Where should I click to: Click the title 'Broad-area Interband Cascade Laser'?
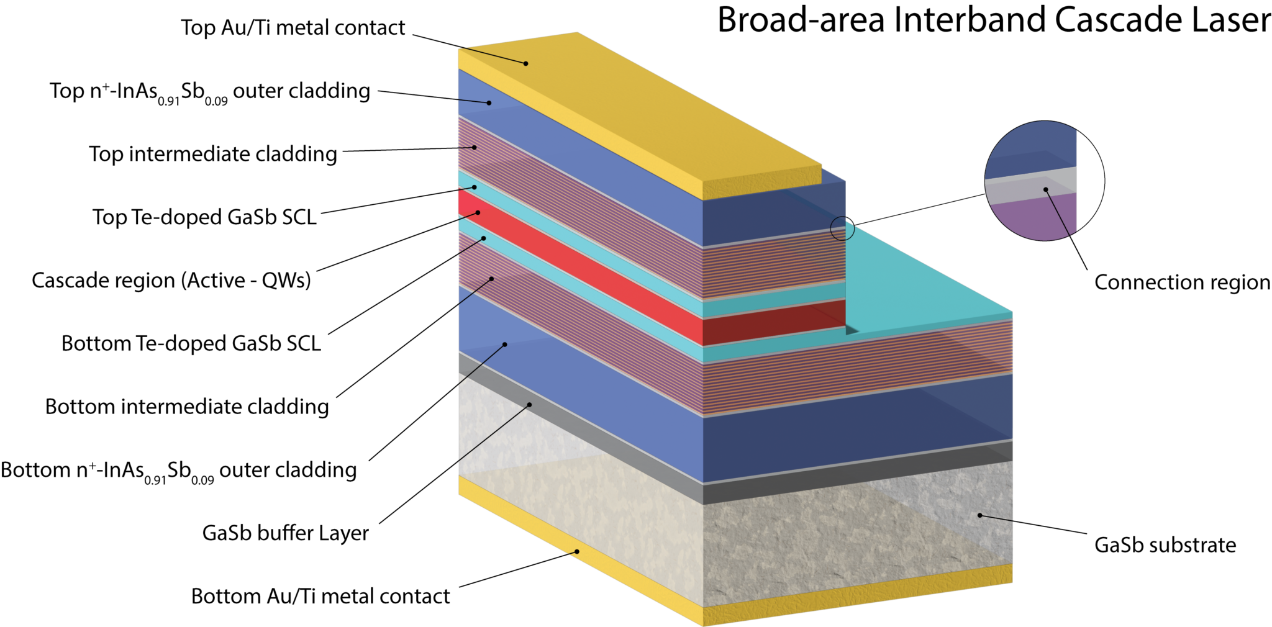click(x=993, y=20)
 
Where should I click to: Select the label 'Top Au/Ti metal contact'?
click(x=293, y=27)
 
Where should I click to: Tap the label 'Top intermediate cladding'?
click(x=213, y=154)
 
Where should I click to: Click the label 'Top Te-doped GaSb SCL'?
click(x=204, y=217)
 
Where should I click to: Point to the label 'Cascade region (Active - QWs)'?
click(x=171, y=281)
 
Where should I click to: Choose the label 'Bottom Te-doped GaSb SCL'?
click(x=191, y=343)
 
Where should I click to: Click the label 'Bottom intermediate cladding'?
click(x=187, y=407)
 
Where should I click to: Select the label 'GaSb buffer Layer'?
click(x=285, y=533)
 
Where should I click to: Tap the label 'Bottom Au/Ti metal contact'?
click(x=320, y=596)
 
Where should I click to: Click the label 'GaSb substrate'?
click(x=1165, y=545)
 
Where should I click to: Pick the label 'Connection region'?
click(x=1182, y=282)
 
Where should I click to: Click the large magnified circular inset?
click(x=1043, y=180)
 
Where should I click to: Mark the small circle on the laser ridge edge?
click(x=842, y=228)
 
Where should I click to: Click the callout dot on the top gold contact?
click(x=525, y=63)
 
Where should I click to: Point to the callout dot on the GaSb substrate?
click(x=979, y=515)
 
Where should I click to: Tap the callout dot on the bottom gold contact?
click(x=576, y=551)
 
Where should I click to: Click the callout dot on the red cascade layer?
click(x=478, y=212)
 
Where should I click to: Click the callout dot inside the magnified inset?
click(x=1046, y=189)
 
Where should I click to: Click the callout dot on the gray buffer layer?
click(x=530, y=404)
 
